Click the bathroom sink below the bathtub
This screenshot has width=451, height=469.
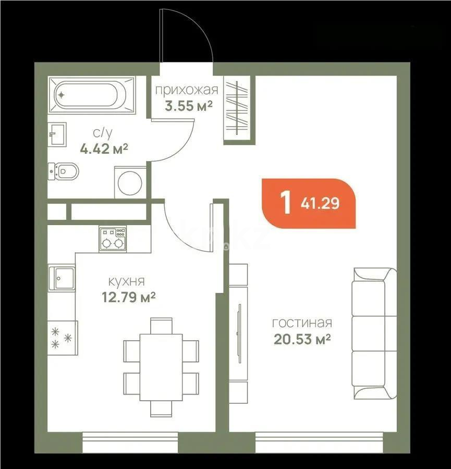[57, 135]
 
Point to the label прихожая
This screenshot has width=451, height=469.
[186, 90]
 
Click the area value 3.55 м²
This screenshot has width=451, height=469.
[188, 106]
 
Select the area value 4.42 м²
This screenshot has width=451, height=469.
[104, 150]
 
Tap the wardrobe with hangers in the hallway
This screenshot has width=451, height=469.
[237, 108]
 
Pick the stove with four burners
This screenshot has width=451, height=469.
[113, 239]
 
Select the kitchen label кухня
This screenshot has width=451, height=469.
[126, 282]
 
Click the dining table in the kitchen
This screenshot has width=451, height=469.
[161, 367]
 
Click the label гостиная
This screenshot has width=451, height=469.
[302, 324]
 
